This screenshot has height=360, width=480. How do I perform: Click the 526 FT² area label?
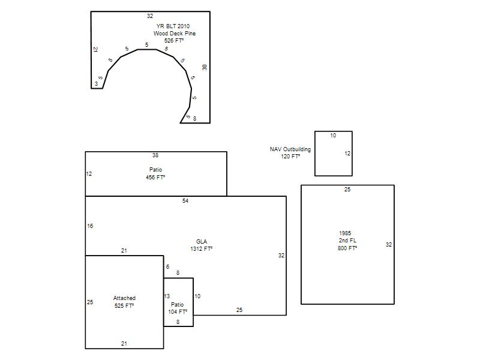point(174,41)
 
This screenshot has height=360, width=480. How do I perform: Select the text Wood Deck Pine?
point(175,34)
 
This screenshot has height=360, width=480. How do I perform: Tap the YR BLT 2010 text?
point(173,26)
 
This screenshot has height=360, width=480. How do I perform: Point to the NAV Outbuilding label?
point(290,149)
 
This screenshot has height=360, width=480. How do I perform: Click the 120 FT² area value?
point(290,157)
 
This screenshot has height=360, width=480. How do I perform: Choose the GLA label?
point(202,242)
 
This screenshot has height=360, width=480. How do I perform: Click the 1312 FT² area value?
point(202,249)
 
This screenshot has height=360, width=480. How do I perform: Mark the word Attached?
point(124,298)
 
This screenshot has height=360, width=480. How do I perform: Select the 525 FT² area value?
point(124,306)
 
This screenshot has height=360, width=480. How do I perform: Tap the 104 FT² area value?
point(178,312)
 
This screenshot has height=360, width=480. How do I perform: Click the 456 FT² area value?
point(155,177)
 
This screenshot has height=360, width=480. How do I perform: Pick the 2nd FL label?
point(347,241)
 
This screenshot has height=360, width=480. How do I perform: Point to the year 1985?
point(345,233)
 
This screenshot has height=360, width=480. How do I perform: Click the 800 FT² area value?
point(347,248)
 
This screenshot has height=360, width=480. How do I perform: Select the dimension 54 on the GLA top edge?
point(185,201)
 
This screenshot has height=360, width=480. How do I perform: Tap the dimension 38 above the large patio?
point(155,155)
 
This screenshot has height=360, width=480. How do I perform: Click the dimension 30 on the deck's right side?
point(205,67)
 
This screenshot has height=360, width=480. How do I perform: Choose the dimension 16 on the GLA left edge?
point(90,226)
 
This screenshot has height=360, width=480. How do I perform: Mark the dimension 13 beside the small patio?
point(167,296)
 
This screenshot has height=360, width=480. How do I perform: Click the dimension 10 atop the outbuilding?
point(333,136)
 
